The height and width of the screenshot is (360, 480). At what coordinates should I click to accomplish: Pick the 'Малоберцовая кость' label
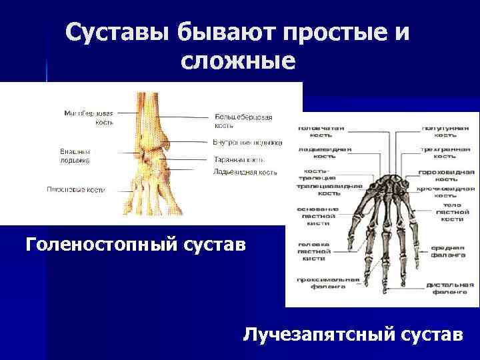[89, 117]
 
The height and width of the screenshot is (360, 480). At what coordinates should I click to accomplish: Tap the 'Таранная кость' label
[239, 160]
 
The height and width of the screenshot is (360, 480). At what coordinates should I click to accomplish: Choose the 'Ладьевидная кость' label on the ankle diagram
[245, 172]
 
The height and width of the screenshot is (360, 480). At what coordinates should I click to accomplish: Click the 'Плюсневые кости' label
[75, 189]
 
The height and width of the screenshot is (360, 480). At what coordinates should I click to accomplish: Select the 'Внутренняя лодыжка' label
[247, 142]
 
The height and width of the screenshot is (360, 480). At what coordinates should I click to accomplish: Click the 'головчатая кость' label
[321, 131]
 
